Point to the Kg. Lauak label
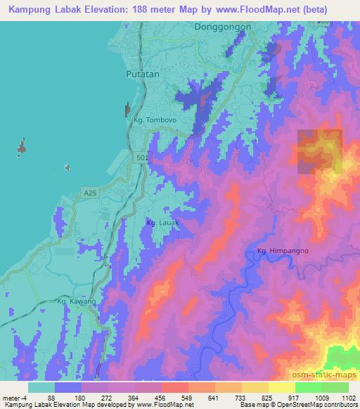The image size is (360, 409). coord(162,223)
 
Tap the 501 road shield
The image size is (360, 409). coord(143,160)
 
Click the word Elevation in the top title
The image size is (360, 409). coord(101,8)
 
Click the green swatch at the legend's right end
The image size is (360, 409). coord(335,387)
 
